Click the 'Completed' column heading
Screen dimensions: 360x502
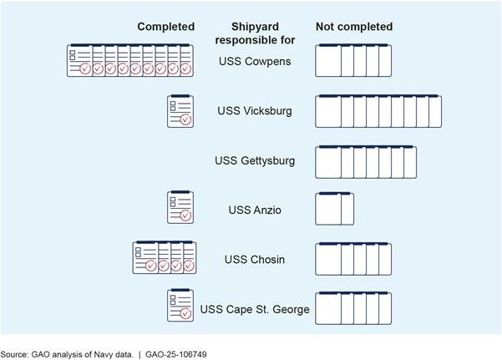[x=166, y=27]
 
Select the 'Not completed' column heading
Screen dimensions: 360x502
[x=353, y=27]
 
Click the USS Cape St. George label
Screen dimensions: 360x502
[x=255, y=309]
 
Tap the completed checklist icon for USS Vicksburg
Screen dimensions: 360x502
[x=180, y=111]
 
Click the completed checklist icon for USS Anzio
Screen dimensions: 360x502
[x=180, y=208]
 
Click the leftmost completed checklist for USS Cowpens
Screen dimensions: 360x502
[x=79, y=61]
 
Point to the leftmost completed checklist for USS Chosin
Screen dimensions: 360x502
[x=145, y=258]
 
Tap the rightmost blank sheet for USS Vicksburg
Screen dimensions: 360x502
[x=435, y=112]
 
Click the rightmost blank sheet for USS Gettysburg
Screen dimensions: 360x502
[x=411, y=161]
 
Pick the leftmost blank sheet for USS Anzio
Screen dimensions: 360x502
[x=327, y=209]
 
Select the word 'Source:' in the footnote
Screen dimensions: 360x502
[x=16, y=354]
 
